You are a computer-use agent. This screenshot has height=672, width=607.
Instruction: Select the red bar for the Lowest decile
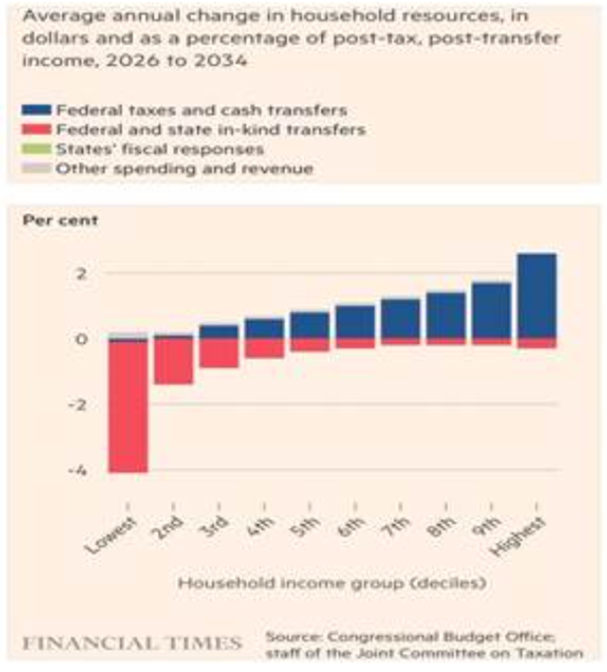point(127,406)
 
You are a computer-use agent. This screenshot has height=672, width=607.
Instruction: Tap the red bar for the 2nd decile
point(173,360)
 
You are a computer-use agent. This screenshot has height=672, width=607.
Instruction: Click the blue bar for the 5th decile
point(308,325)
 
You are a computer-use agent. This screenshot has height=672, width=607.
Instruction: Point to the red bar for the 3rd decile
point(219,352)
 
